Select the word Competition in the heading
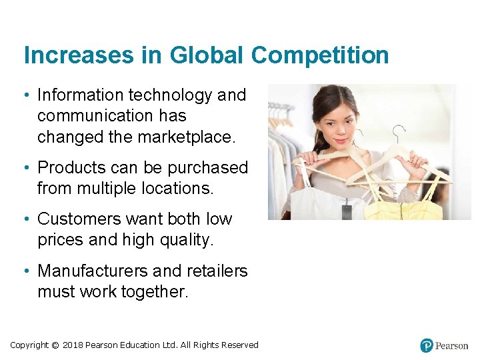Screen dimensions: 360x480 pyautogui.click(x=320, y=55)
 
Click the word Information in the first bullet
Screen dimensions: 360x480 pyautogui.click(x=79, y=95)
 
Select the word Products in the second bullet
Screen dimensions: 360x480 pyautogui.click(x=73, y=167)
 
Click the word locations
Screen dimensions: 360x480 pyautogui.click(x=177, y=189)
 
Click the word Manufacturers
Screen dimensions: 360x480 pyautogui.click(x=93, y=271)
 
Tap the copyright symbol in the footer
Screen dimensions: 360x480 pyautogui.click(x=55, y=345)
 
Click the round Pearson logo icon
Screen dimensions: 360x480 pyautogui.click(x=427, y=345)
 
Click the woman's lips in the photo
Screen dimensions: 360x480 pyautogui.click(x=341, y=141)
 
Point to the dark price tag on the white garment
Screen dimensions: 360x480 pyautogui.click(x=346, y=211)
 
